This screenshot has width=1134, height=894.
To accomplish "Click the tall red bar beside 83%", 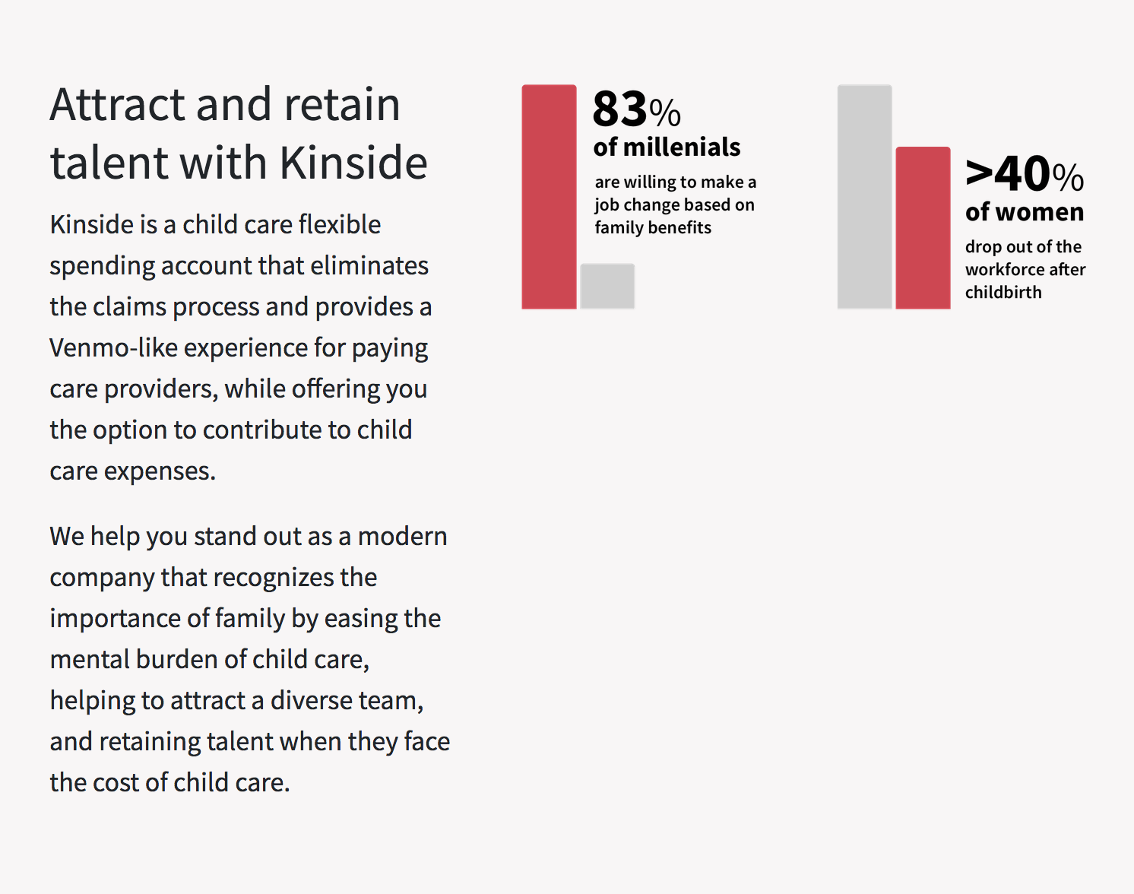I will [549, 197].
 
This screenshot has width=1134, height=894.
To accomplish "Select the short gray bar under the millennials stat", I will [607, 287].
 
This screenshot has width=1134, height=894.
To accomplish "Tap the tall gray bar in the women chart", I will [864, 197].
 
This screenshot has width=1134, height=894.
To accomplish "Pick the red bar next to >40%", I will [923, 228].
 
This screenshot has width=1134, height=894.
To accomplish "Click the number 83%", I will [636, 109].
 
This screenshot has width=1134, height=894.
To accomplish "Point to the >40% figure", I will [1024, 175].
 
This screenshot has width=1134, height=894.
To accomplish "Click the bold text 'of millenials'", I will [667, 147].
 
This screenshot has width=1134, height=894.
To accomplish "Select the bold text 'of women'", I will [1024, 212].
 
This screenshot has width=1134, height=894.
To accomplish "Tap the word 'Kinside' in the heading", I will [353, 163].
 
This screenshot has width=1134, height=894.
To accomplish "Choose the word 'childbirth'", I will [1003, 293].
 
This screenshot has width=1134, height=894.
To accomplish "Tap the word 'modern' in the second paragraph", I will [402, 537].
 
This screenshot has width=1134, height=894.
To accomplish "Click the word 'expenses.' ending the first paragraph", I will [160, 472].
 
